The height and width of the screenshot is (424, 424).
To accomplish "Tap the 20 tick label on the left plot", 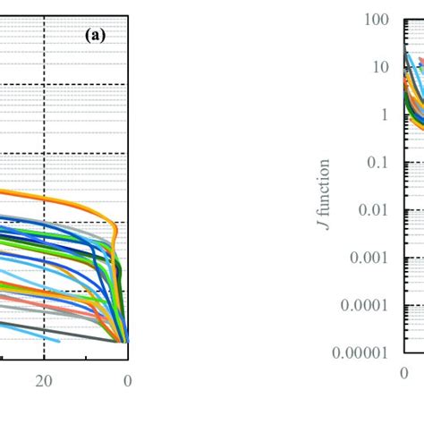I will [43, 379].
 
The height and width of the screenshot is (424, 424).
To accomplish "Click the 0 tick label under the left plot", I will [127, 379].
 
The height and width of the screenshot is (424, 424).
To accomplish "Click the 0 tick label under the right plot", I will [403, 373].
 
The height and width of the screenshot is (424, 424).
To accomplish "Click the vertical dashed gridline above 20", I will [43, 134].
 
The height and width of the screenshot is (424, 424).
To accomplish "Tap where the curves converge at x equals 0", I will [126, 341].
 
